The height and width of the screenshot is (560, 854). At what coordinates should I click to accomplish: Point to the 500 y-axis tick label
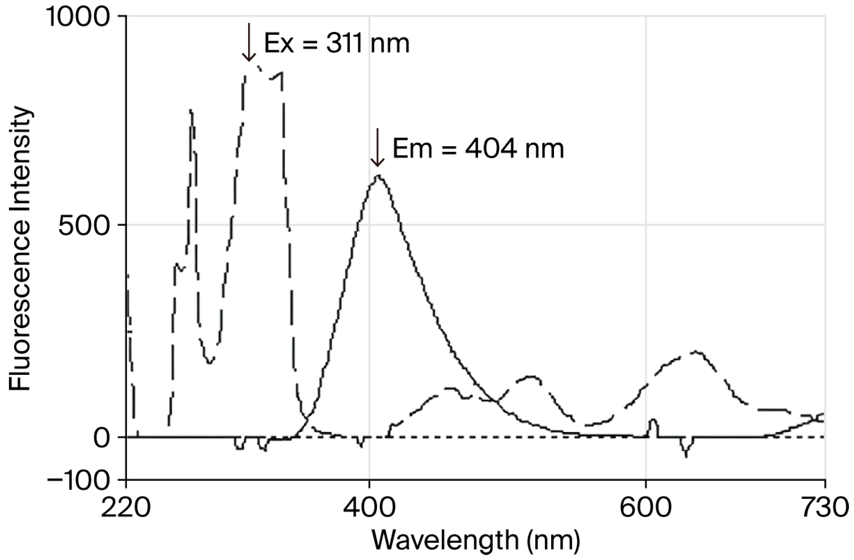pos(84,226)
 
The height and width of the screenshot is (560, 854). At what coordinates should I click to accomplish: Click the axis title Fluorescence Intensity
pos(21,247)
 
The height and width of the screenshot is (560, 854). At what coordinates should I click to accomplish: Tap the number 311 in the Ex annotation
pos(346,44)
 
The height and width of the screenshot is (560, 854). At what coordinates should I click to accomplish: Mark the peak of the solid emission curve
pos(379,176)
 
